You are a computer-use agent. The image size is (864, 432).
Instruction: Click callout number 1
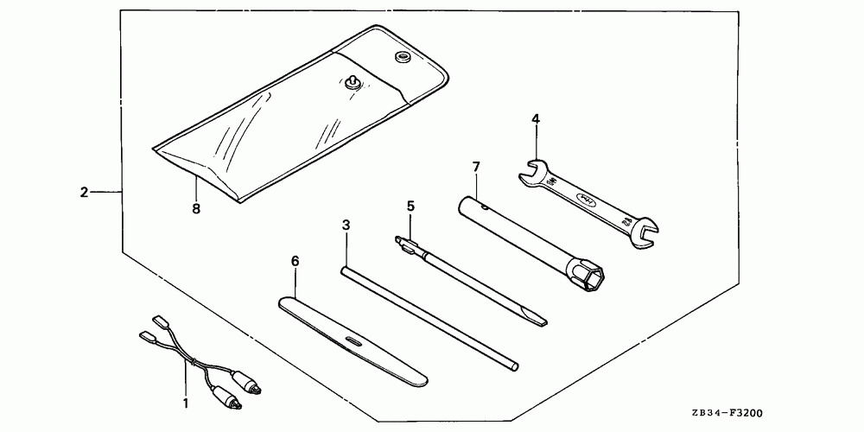click(184, 403)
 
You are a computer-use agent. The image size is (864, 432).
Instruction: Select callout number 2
click(84, 192)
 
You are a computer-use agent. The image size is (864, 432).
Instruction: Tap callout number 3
click(346, 225)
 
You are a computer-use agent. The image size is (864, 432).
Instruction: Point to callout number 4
click(536, 118)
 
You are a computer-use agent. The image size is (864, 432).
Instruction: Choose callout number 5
click(410, 206)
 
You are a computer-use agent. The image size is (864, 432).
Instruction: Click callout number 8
click(197, 208)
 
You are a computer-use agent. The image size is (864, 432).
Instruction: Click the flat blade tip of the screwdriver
click(539, 324)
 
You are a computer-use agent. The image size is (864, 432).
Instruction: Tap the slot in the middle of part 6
click(353, 340)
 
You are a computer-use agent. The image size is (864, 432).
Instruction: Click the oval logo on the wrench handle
click(585, 200)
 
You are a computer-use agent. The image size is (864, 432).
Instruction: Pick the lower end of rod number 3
click(513, 366)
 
